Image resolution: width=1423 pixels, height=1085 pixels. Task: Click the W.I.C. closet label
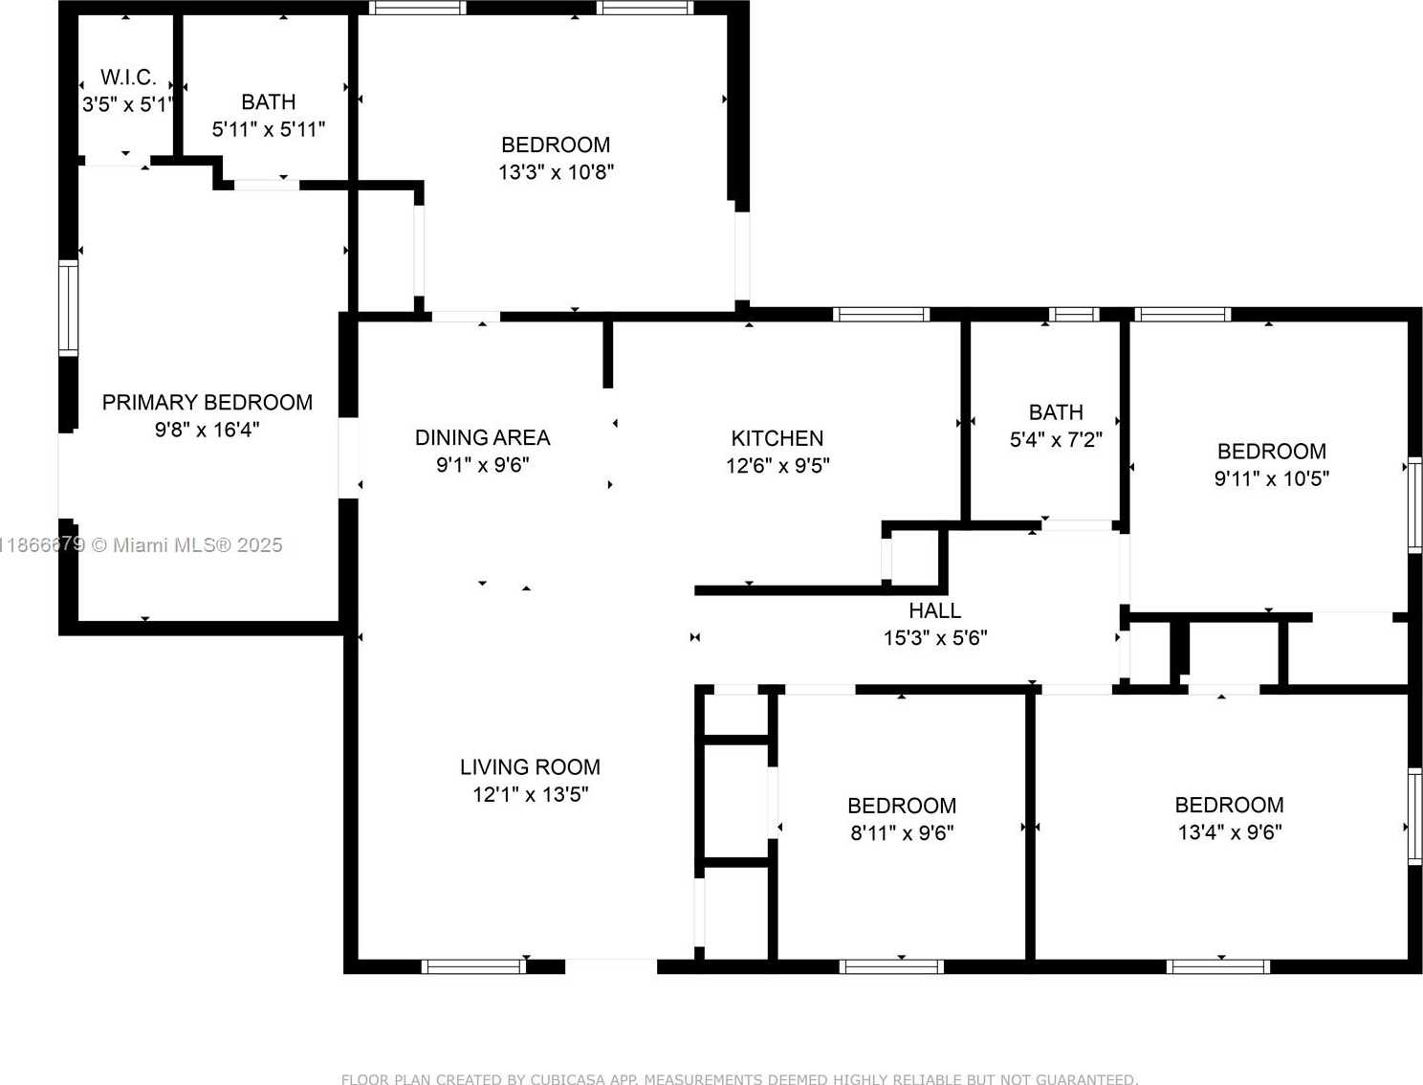point(128,77)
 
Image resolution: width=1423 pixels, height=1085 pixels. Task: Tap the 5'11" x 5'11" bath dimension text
point(269,129)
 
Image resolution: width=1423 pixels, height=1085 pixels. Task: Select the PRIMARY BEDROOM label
point(208,402)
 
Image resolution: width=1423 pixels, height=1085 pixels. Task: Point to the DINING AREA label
point(482,438)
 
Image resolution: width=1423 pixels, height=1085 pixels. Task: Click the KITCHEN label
point(777,438)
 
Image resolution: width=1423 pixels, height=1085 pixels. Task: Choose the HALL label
point(935,610)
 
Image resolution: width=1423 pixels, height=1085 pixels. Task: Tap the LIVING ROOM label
point(531,767)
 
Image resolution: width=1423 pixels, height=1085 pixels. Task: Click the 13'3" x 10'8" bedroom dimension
point(557,172)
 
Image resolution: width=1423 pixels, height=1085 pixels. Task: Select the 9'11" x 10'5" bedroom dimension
point(1272,478)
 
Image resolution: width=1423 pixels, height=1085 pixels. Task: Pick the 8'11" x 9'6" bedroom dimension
point(903,832)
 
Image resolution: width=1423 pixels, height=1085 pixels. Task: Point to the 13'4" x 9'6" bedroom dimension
point(1230,832)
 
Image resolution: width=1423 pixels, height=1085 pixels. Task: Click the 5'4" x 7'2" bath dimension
point(1056,440)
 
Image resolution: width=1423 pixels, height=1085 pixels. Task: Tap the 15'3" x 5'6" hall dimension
point(935,638)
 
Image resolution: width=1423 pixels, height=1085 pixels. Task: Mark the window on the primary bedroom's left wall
point(68,308)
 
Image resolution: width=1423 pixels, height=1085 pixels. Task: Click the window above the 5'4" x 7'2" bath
point(1074,315)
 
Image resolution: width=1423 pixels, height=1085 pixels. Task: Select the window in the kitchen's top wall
point(881,315)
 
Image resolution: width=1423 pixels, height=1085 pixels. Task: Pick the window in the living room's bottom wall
point(474,967)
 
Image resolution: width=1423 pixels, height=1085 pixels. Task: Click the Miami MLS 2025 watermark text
point(187,544)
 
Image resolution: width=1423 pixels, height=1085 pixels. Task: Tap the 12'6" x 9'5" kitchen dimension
point(777,466)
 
